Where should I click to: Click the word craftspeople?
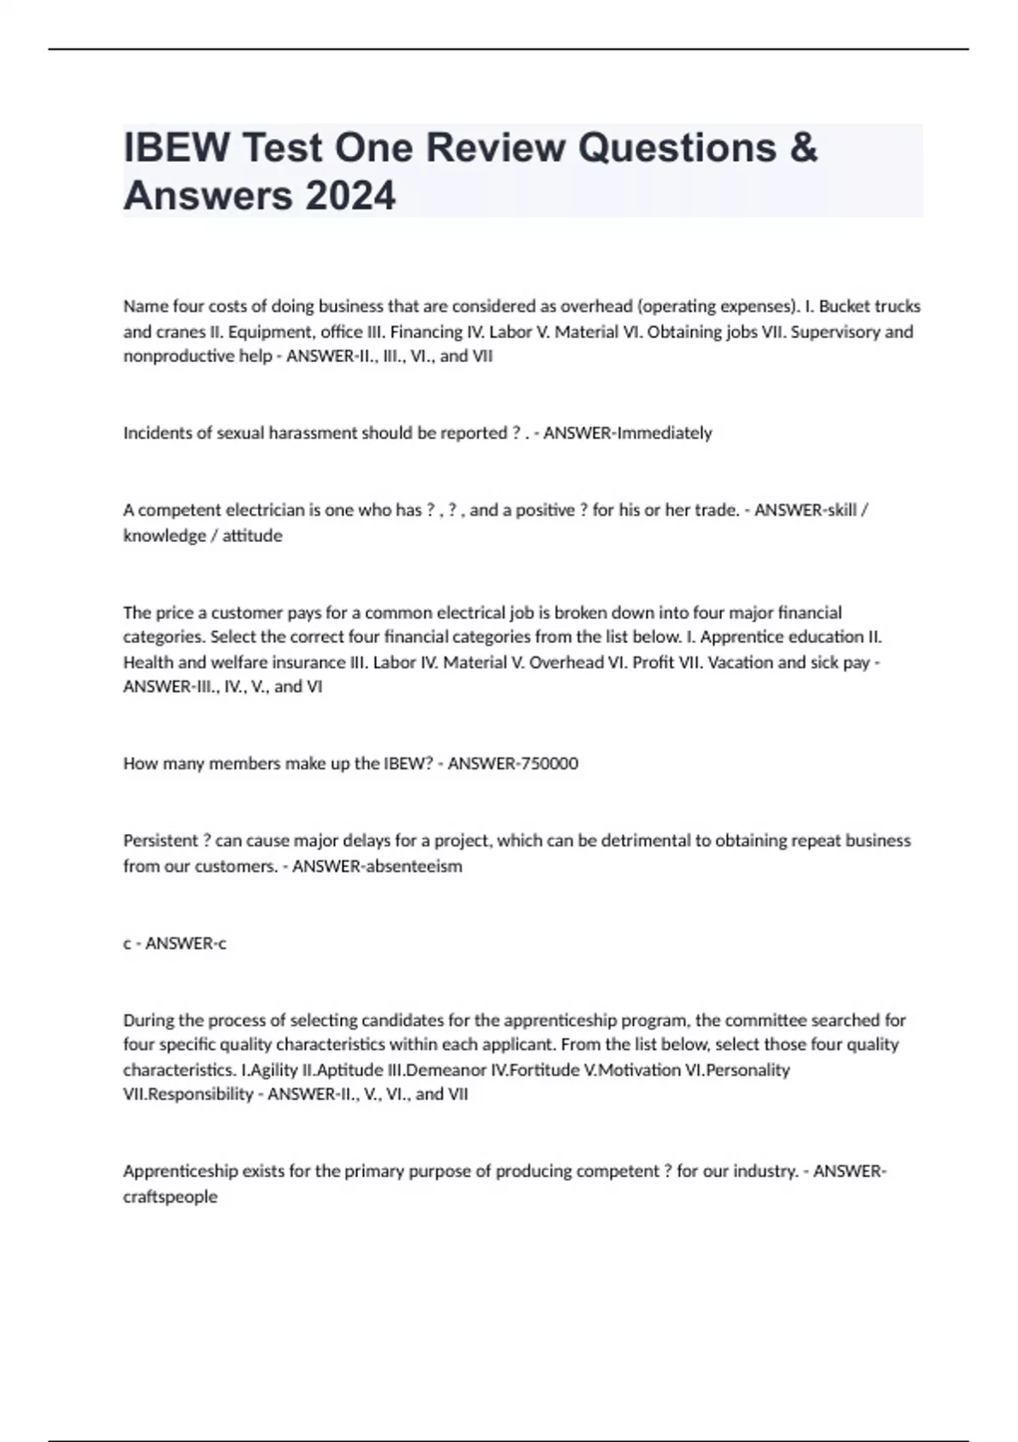pos(171,1197)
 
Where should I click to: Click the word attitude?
pos(252,535)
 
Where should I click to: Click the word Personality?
pos(748,1070)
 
